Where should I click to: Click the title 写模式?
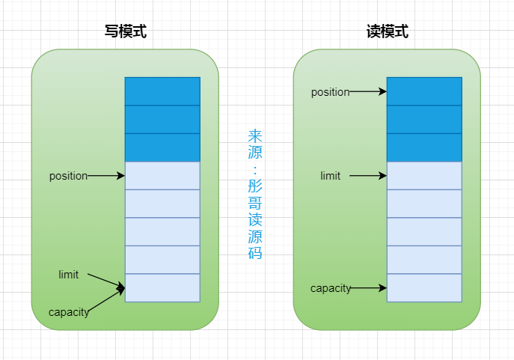pos(125,31)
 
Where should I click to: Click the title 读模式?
pos(387,31)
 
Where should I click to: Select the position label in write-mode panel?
pos(68,176)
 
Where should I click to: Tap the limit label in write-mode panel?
pos(68,275)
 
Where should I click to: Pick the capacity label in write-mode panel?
pos(68,312)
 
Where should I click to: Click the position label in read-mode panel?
pos(330,92)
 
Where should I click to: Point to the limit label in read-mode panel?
pos(330,176)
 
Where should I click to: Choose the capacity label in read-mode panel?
pos(331,288)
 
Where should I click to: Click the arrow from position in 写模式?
pos(106,176)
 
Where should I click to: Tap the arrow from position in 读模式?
pos(368,92)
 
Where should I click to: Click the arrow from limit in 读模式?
pos(368,176)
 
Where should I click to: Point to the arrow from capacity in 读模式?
pos(369,287)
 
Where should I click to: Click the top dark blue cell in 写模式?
pos(162,91)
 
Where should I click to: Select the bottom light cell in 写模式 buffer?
pos(162,288)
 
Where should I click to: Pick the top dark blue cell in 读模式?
pos(424,91)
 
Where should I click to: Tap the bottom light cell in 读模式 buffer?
pos(424,288)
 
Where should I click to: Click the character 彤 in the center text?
pos(255,185)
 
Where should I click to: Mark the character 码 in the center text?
pos(255,252)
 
